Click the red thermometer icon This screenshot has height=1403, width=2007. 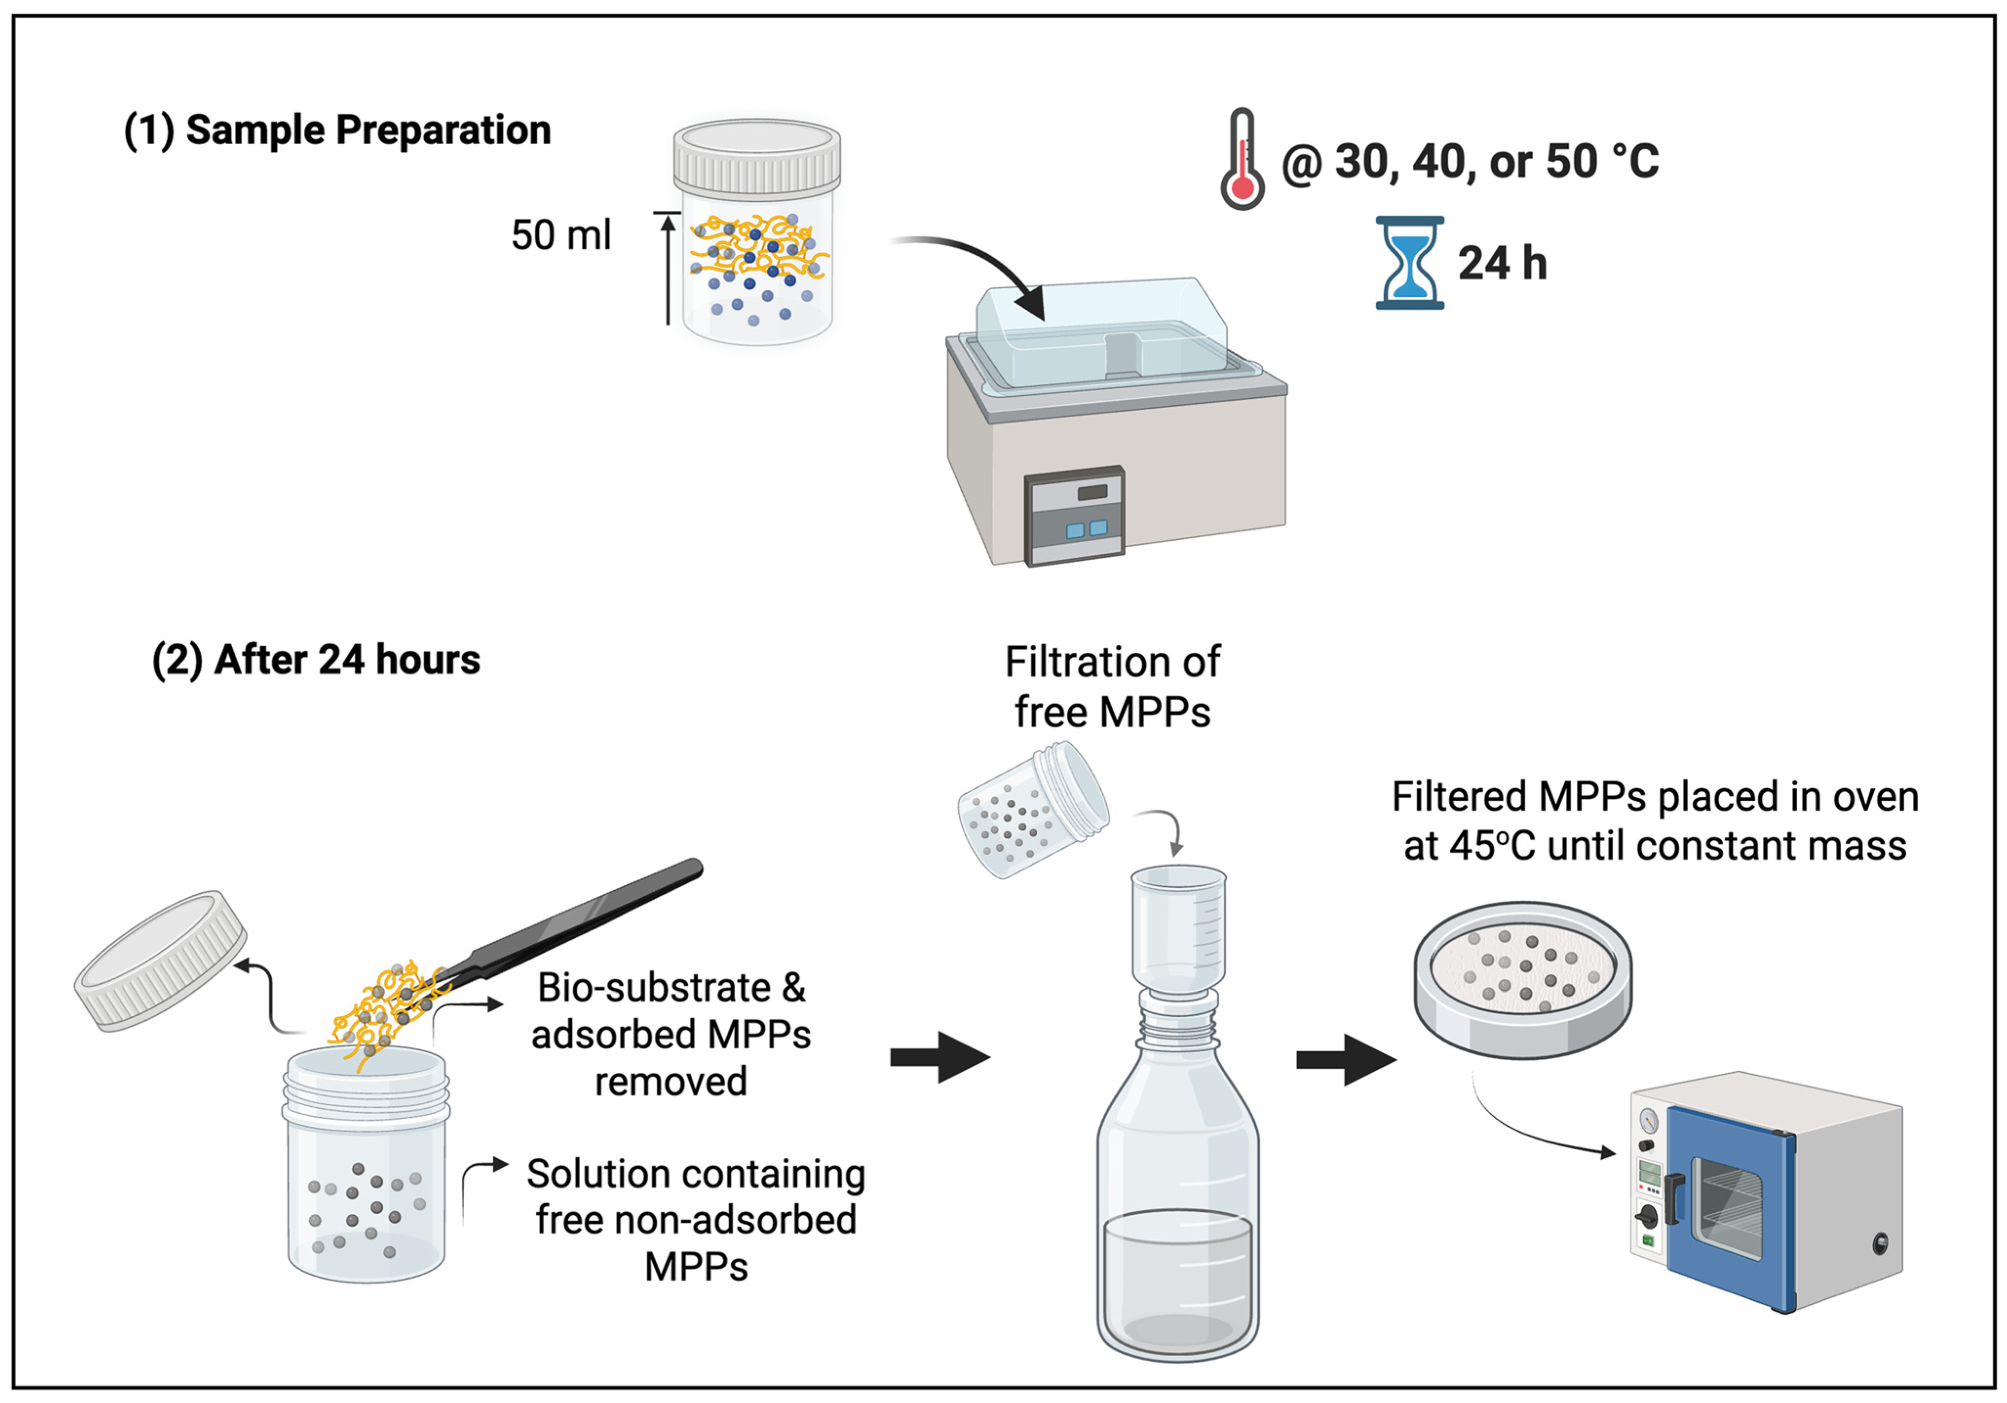click(1242, 159)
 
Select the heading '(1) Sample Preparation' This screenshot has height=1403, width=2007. click(338, 130)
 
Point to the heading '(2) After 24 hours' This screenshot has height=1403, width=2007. click(316, 660)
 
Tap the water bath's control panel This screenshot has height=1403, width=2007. click(1074, 516)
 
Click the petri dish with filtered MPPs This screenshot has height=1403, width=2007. click(1523, 980)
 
